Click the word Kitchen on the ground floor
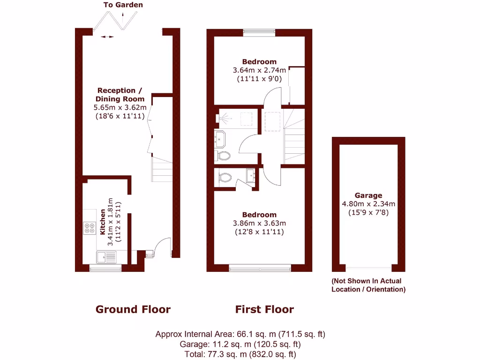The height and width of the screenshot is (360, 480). click(x=102, y=222)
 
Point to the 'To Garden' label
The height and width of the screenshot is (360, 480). click(x=123, y=5)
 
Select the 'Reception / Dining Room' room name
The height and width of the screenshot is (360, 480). click(x=120, y=95)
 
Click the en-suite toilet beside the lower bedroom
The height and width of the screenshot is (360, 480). click(x=225, y=178)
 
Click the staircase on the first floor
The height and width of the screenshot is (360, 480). click(x=293, y=136)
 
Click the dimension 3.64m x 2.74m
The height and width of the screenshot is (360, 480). click(x=259, y=70)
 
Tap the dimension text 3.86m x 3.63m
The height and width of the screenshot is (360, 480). click(x=259, y=223)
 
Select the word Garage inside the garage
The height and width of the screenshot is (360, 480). click(x=368, y=195)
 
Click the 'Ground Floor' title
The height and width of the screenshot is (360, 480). click(x=133, y=309)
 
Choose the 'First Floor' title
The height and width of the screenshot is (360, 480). click(x=264, y=309)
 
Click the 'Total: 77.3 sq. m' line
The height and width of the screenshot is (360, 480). click(x=240, y=354)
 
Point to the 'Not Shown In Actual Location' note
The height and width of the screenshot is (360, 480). click(x=368, y=285)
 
